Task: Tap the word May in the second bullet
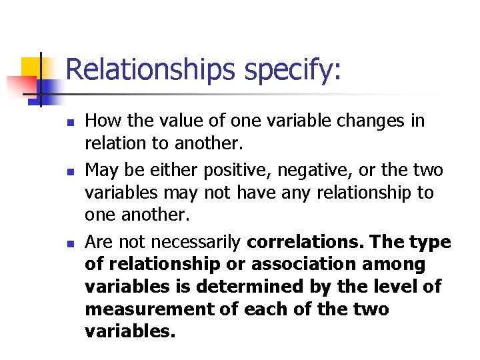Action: [102, 171]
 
